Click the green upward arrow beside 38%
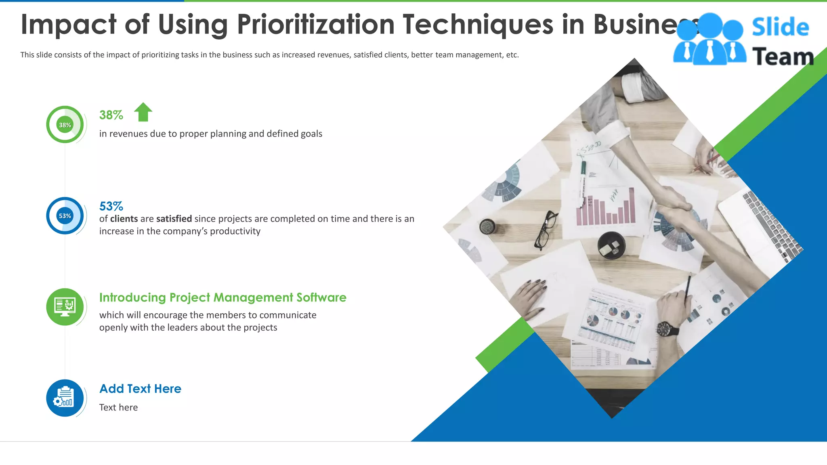click(143, 112)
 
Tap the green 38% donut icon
click(65, 125)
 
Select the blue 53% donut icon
click(65, 216)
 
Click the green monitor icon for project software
click(65, 307)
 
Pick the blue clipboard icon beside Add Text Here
click(65, 398)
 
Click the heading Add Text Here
click(140, 389)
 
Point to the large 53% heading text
click(111, 206)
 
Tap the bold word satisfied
click(174, 219)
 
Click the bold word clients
click(124, 219)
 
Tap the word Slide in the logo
click(780, 27)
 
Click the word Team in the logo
click(783, 57)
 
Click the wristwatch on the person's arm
click(667, 329)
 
